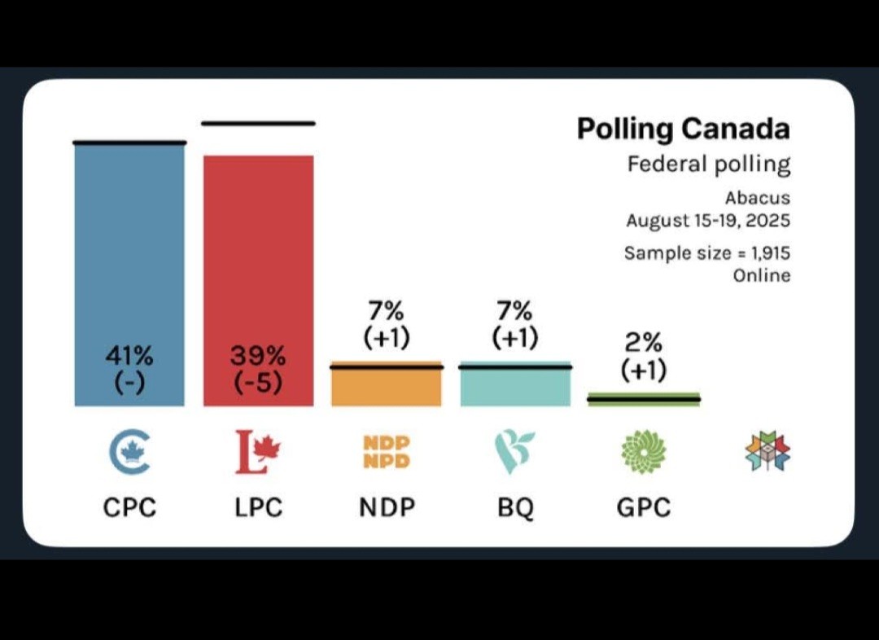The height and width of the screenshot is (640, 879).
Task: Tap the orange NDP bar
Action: (x=387, y=388)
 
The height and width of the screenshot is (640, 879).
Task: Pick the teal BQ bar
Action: (x=515, y=388)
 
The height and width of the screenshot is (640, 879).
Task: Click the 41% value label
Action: (x=129, y=356)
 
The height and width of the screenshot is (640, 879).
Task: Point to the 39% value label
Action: (x=258, y=356)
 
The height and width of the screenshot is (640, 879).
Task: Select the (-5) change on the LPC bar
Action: (x=258, y=382)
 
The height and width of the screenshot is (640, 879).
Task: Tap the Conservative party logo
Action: (x=130, y=453)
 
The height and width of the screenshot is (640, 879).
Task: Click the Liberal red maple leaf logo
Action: (x=258, y=453)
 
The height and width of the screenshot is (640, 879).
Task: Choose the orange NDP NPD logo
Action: (x=387, y=453)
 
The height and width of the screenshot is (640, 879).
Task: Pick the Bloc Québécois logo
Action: (x=514, y=453)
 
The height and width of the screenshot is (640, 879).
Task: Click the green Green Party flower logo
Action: (x=644, y=452)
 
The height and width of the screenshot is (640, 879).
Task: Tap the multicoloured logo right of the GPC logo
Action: (x=768, y=452)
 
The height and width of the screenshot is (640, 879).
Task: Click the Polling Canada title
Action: (x=683, y=129)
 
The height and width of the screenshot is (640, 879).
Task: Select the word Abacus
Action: (x=757, y=198)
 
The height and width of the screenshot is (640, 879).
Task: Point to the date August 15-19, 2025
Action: (x=708, y=221)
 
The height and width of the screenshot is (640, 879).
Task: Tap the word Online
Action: (x=762, y=275)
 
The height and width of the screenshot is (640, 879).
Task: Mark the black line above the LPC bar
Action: (x=258, y=124)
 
